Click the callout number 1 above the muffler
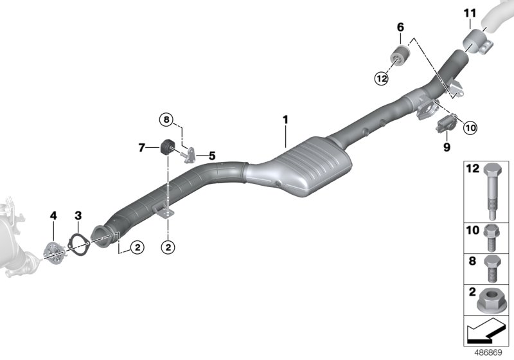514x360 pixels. pyautogui.click(x=285, y=120)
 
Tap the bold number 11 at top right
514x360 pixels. pyautogui.click(x=470, y=13)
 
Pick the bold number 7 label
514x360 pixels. pyautogui.click(x=142, y=148)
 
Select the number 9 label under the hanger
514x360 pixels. pyautogui.click(x=445, y=147)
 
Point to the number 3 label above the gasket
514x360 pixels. pyautogui.click(x=77, y=215)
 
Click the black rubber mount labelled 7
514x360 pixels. pyautogui.click(x=167, y=147)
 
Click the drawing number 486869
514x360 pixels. pyautogui.click(x=492, y=352)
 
